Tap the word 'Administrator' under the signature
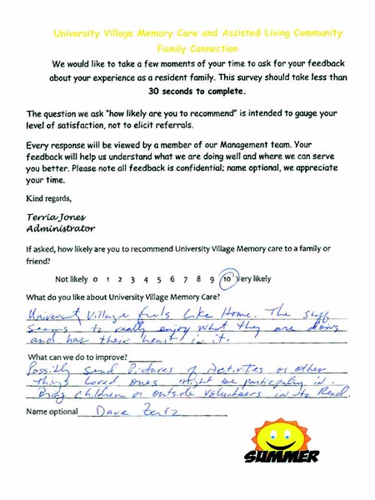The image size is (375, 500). click(x=54, y=229)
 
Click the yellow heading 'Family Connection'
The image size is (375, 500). click(x=197, y=48)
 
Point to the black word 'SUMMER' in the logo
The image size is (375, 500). click(x=281, y=456)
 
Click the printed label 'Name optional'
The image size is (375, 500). click(x=52, y=412)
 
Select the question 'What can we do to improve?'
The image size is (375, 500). click(x=76, y=357)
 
